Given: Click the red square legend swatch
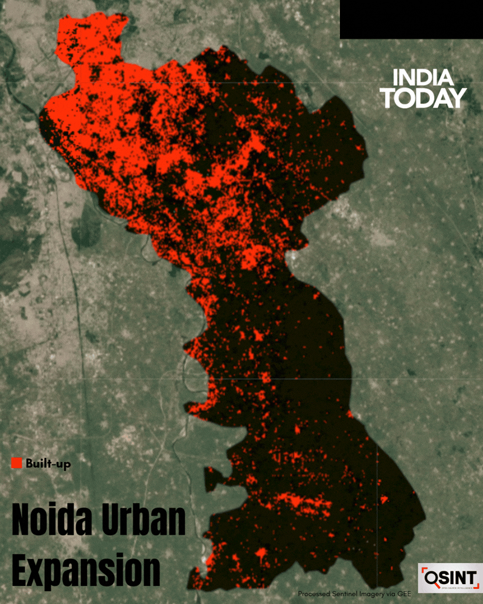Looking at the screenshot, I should coord(17,463).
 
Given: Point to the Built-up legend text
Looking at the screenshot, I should coord(48,464).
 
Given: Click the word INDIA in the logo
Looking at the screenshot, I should coord(423,78).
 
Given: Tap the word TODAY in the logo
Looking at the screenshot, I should coord(424,98).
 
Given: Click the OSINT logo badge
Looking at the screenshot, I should coord(450,579).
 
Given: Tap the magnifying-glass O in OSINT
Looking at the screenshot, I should coord(432,579).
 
